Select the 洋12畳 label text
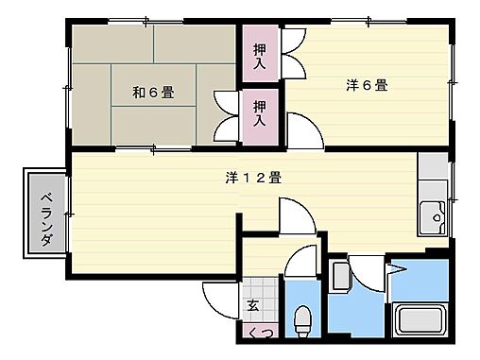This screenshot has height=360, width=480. click(253, 177)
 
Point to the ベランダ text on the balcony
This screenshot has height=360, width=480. click(44, 215)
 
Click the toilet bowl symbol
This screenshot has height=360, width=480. click(302, 321)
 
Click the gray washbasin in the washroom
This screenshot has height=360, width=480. click(341, 275)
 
